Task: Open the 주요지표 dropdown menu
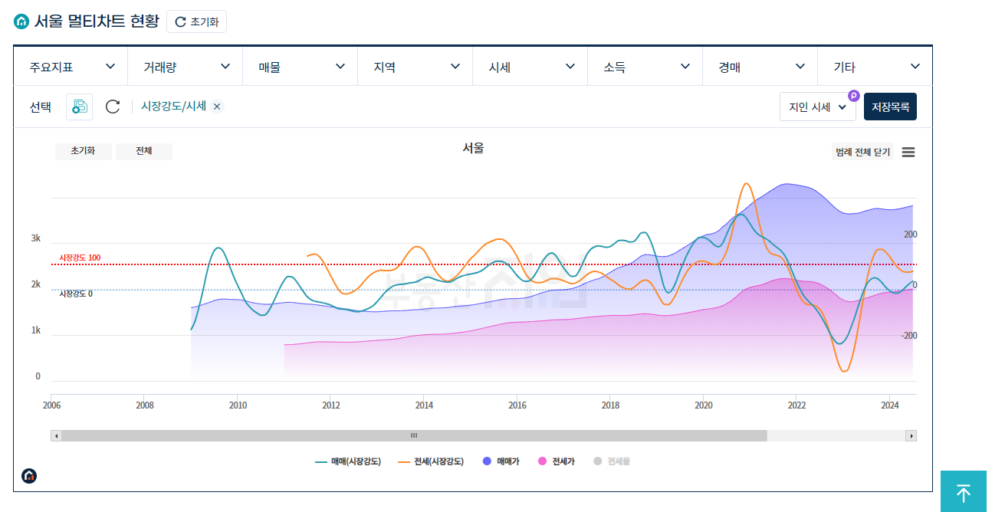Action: [71, 67]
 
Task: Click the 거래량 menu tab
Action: [186, 67]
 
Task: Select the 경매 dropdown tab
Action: [760, 67]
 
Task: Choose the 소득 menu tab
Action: [645, 67]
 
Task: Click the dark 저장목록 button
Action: [890, 107]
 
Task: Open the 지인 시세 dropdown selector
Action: [817, 107]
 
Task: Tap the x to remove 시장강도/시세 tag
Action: [217, 107]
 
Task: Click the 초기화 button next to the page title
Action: [196, 21]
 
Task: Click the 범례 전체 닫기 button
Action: [862, 152]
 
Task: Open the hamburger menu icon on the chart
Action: [908, 152]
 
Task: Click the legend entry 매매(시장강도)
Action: [348, 461]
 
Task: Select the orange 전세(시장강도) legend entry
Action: [431, 461]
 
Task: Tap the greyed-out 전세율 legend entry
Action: [612, 461]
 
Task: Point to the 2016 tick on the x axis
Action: [517, 405]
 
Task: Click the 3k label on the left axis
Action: [36, 238]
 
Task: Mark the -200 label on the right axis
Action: [909, 336]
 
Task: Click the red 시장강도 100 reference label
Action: [80, 258]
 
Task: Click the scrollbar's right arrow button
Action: [911, 435]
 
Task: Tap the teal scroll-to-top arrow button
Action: [964, 492]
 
